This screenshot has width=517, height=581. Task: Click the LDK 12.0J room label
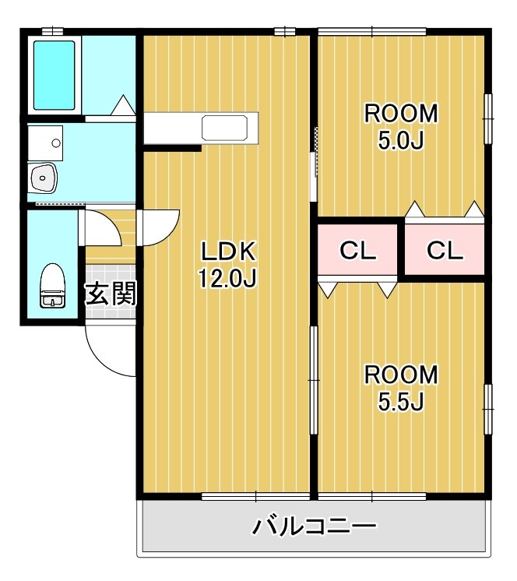click(x=228, y=265)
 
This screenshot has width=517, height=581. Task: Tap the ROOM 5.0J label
click(x=402, y=126)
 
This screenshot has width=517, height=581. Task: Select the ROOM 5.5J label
click(x=402, y=387)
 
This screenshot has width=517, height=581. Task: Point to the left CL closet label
click(x=358, y=251)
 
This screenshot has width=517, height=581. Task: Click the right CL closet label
click(x=445, y=251)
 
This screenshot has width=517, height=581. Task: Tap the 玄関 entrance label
click(x=111, y=294)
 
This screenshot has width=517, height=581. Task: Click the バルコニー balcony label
click(x=315, y=527)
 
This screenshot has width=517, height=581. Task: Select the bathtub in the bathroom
click(x=55, y=72)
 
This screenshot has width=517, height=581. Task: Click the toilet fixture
click(x=52, y=287)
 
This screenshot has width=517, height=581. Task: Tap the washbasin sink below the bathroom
click(x=42, y=178)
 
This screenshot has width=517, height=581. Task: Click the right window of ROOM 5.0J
click(x=489, y=118)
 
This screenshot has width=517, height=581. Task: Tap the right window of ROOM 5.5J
click(x=489, y=408)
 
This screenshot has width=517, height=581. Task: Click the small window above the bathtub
click(x=52, y=31)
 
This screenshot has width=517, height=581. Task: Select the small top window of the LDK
click(x=285, y=31)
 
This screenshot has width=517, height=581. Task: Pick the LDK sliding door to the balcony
click(x=256, y=495)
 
